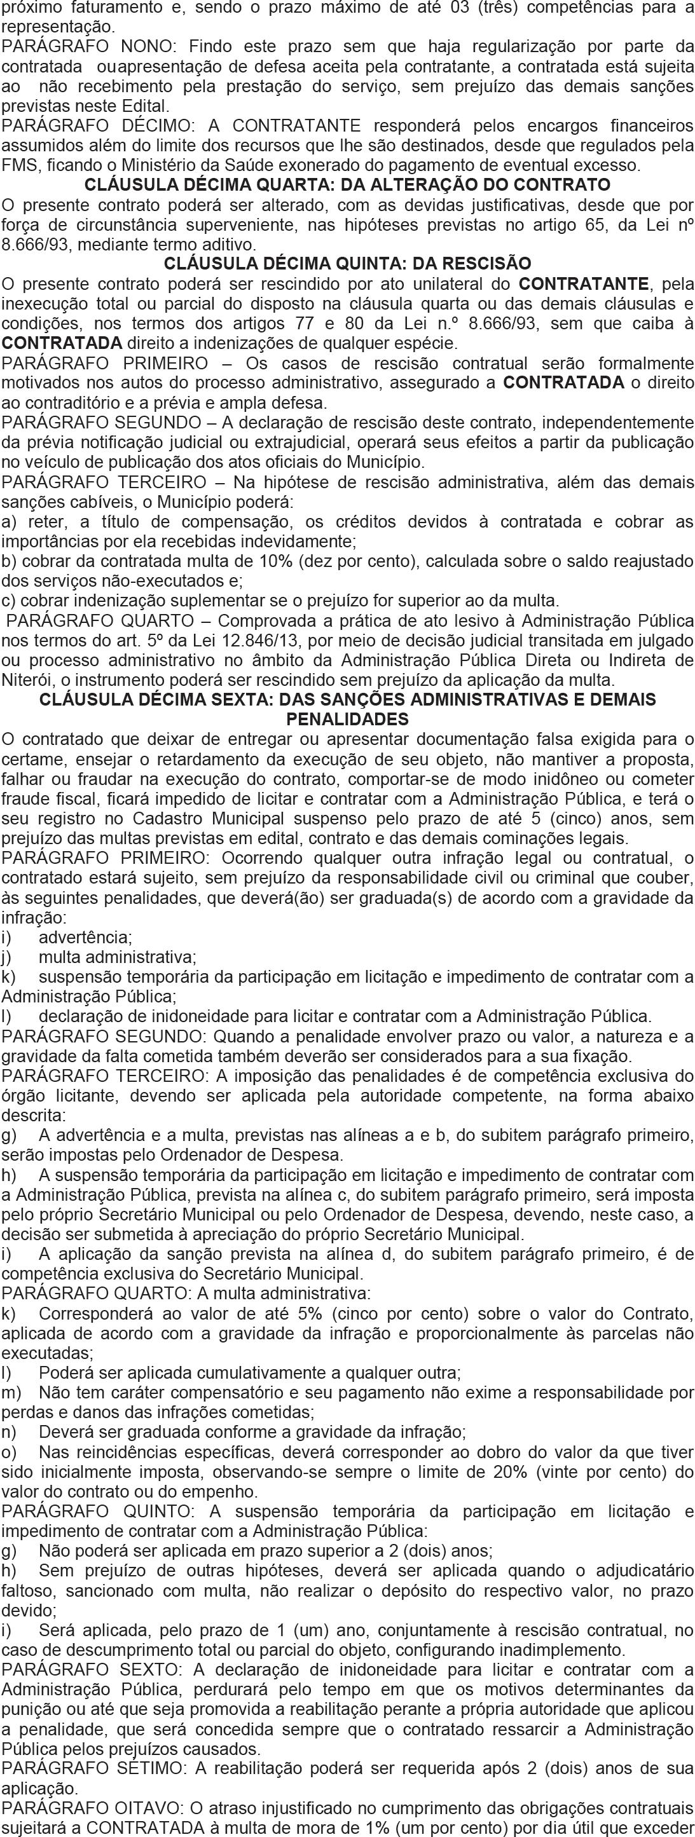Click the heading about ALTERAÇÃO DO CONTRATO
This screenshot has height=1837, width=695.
click(x=347, y=185)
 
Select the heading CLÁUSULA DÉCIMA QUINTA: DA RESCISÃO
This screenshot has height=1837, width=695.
click(x=347, y=264)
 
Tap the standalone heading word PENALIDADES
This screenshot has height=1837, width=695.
click(x=347, y=718)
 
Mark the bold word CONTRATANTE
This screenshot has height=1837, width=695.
click(x=584, y=284)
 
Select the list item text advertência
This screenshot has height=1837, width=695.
click(x=85, y=937)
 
